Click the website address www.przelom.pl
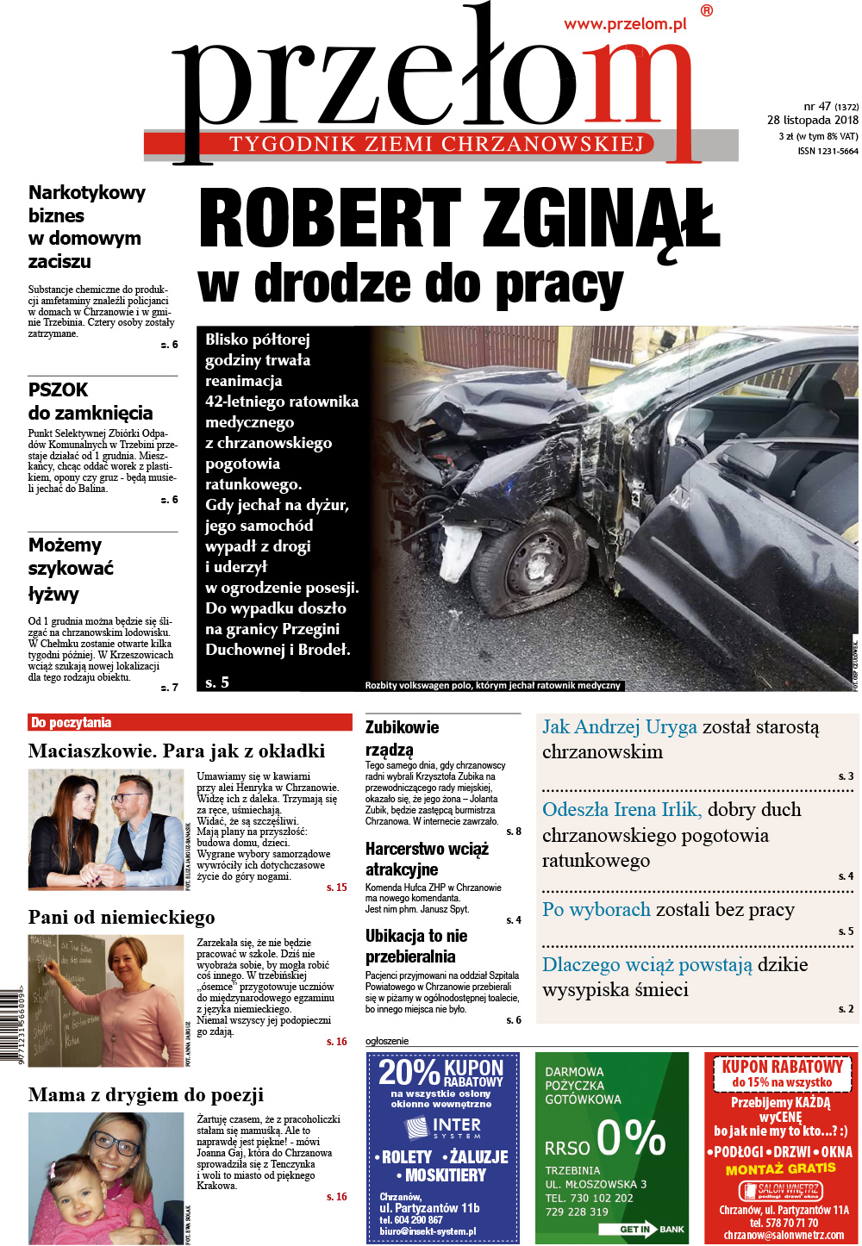pyautogui.click(x=625, y=24)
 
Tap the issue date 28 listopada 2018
pyautogui.click(x=812, y=121)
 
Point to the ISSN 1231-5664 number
pyautogui.click(x=828, y=152)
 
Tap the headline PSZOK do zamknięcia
pyautogui.click(x=91, y=402)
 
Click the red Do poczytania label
pyautogui.click(x=72, y=723)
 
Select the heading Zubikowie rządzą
pyautogui.click(x=402, y=738)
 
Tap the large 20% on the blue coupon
pyautogui.click(x=409, y=1073)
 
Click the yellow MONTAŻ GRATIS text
pyautogui.click(x=780, y=1169)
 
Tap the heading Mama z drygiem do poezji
pyautogui.click(x=146, y=1095)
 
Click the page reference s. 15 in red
pyautogui.click(x=336, y=888)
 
